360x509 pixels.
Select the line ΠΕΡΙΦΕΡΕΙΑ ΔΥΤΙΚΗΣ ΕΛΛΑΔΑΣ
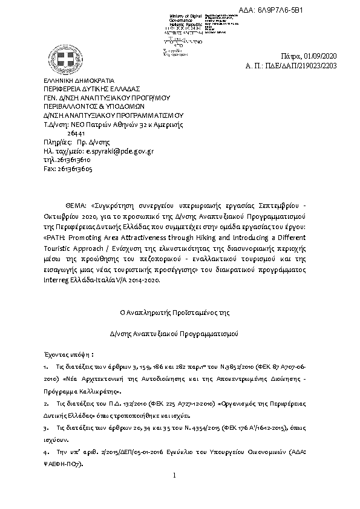point(87,89)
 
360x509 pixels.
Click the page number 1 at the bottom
point(173,476)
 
